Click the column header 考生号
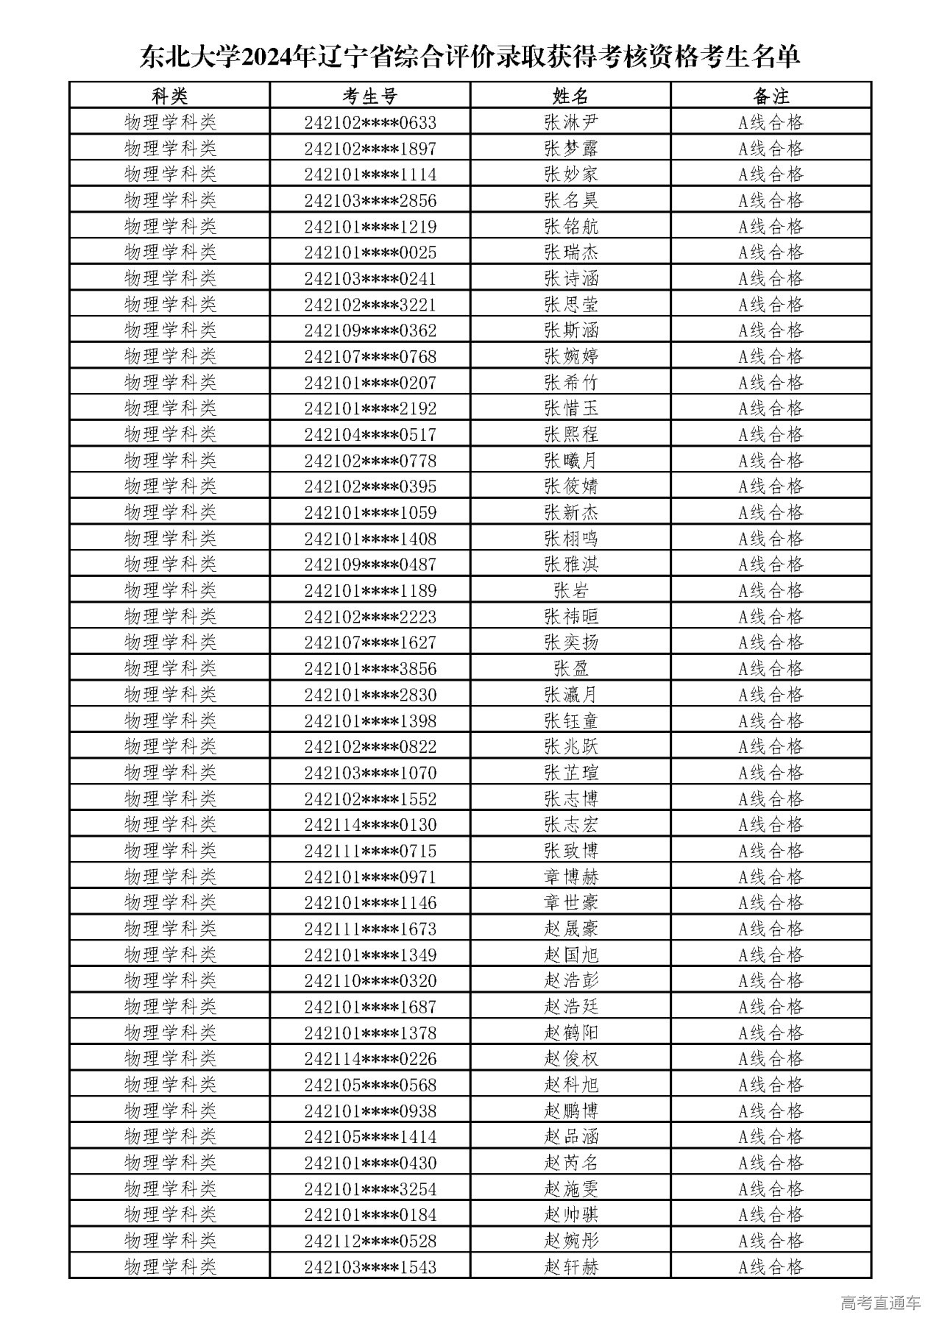(x=369, y=96)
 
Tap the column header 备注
(x=771, y=96)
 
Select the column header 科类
(x=169, y=96)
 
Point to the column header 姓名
(x=570, y=96)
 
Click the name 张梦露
(x=570, y=149)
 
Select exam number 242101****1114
(x=369, y=174)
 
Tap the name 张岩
(x=570, y=590)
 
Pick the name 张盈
(x=570, y=668)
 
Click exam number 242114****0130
(x=369, y=825)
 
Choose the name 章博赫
(x=570, y=876)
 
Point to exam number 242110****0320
(x=369, y=981)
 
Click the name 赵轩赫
(x=570, y=1267)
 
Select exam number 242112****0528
(x=369, y=1241)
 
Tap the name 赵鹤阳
(x=570, y=1032)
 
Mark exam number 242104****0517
(x=369, y=434)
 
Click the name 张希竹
(x=570, y=383)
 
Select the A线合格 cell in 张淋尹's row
(x=771, y=122)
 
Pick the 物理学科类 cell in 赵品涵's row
(x=169, y=1136)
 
